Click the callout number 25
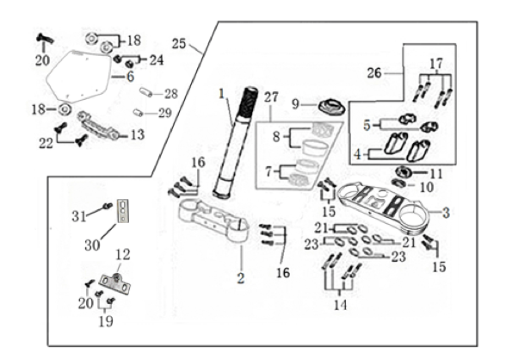click(x=179, y=44)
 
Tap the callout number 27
click(x=271, y=97)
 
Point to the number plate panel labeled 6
click(x=78, y=76)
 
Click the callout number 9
click(x=295, y=104)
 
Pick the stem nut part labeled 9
click(x=329, y=108)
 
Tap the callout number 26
click(x=374, y=72)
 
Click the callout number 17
click(x=436, y=64)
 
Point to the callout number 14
click(x=340, y=305)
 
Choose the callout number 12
click(x=123, y=254)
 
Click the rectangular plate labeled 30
click(x=122, y=211)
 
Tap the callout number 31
click(x=78, y=216)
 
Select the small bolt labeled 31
click(x=108, y=206)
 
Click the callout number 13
click(x=138, y=134)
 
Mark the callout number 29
click(x=165, y=113)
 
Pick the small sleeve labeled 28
click(x=146, y=92)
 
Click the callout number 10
click(x=427, y=187)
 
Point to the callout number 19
click(x=106, y=321)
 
